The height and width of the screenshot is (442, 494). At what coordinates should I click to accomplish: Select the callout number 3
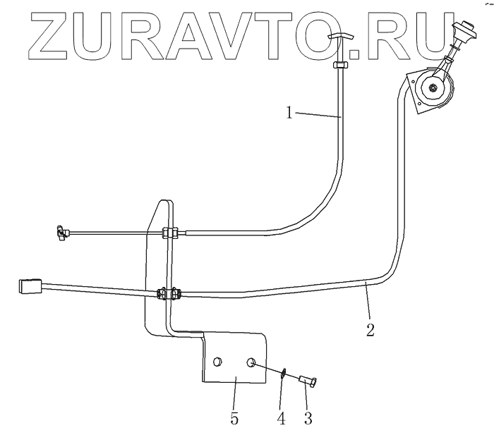tap(307, 418)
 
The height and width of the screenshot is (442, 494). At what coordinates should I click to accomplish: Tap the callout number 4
tap(281, 418)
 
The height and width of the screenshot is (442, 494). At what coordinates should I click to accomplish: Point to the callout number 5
tap(234, 418)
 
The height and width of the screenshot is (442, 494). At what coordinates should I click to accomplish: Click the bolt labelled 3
tap(307, 381)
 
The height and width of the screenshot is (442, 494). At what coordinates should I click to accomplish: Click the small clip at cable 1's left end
tap(59, 231)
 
